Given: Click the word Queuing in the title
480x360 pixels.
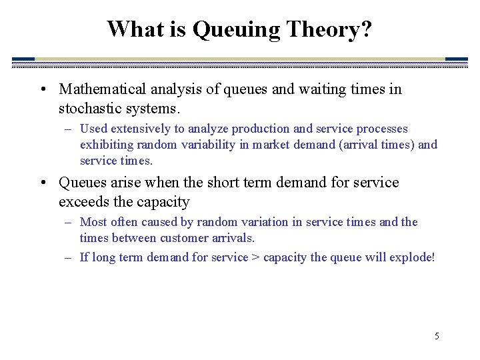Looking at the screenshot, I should click(236, 30).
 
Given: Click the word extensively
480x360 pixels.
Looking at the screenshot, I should click(140, 129).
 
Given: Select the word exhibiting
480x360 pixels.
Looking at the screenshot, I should click(107, 145).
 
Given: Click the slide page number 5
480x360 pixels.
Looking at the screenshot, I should click(437, 336).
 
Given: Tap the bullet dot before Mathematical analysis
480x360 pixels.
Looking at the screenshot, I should click(43, 90).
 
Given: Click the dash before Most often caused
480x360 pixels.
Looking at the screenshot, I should click(68, 222).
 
